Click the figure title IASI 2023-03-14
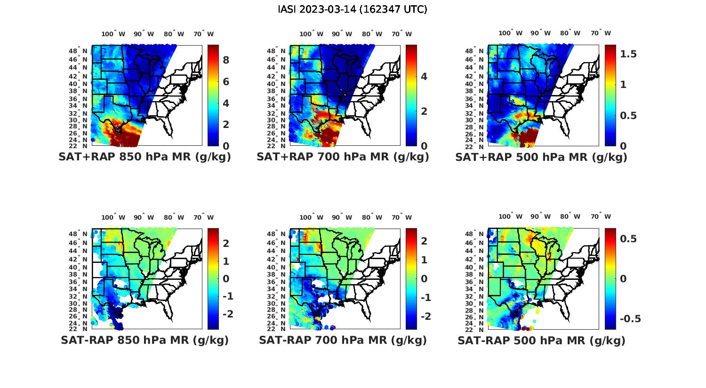[353, 9]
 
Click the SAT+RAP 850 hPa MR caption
[144, 157]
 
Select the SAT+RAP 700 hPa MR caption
[343, 157]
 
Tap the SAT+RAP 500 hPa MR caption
[541, 157]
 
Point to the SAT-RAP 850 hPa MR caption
[144, 340]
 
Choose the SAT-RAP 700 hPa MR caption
[343, 340]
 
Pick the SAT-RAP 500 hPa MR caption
[541, 340]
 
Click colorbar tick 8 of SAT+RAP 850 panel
[226, 60]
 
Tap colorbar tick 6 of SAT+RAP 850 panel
[226, 81]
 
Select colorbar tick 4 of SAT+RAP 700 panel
[424, 77]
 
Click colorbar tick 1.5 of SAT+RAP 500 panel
[628, 54]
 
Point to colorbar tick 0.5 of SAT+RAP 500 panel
[628, 115]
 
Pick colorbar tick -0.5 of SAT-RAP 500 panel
[630, 319]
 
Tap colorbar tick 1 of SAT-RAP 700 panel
[424, 260]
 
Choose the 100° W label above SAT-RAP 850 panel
[113, 217]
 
